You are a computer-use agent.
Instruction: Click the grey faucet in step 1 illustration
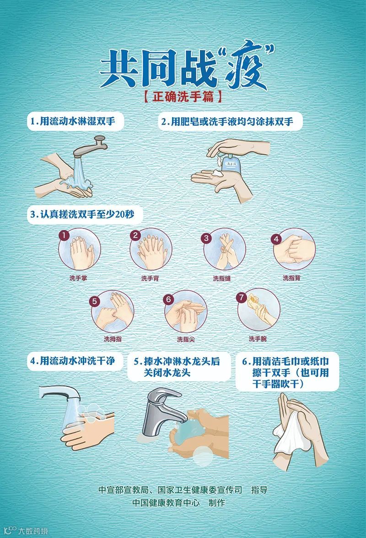91,147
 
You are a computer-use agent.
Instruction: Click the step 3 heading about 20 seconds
82,214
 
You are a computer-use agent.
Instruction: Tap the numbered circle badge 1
64,235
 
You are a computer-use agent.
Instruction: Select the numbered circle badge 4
276,239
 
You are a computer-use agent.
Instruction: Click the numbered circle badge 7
241,297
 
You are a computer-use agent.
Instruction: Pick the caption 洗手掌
78,278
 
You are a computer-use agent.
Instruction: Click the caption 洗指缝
222,278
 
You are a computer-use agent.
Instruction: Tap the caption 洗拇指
113,339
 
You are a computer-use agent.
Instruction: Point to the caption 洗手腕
258,339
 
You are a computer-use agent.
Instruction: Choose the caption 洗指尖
186,339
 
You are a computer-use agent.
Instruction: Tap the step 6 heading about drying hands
285,373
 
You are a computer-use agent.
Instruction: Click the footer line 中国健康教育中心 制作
179,503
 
